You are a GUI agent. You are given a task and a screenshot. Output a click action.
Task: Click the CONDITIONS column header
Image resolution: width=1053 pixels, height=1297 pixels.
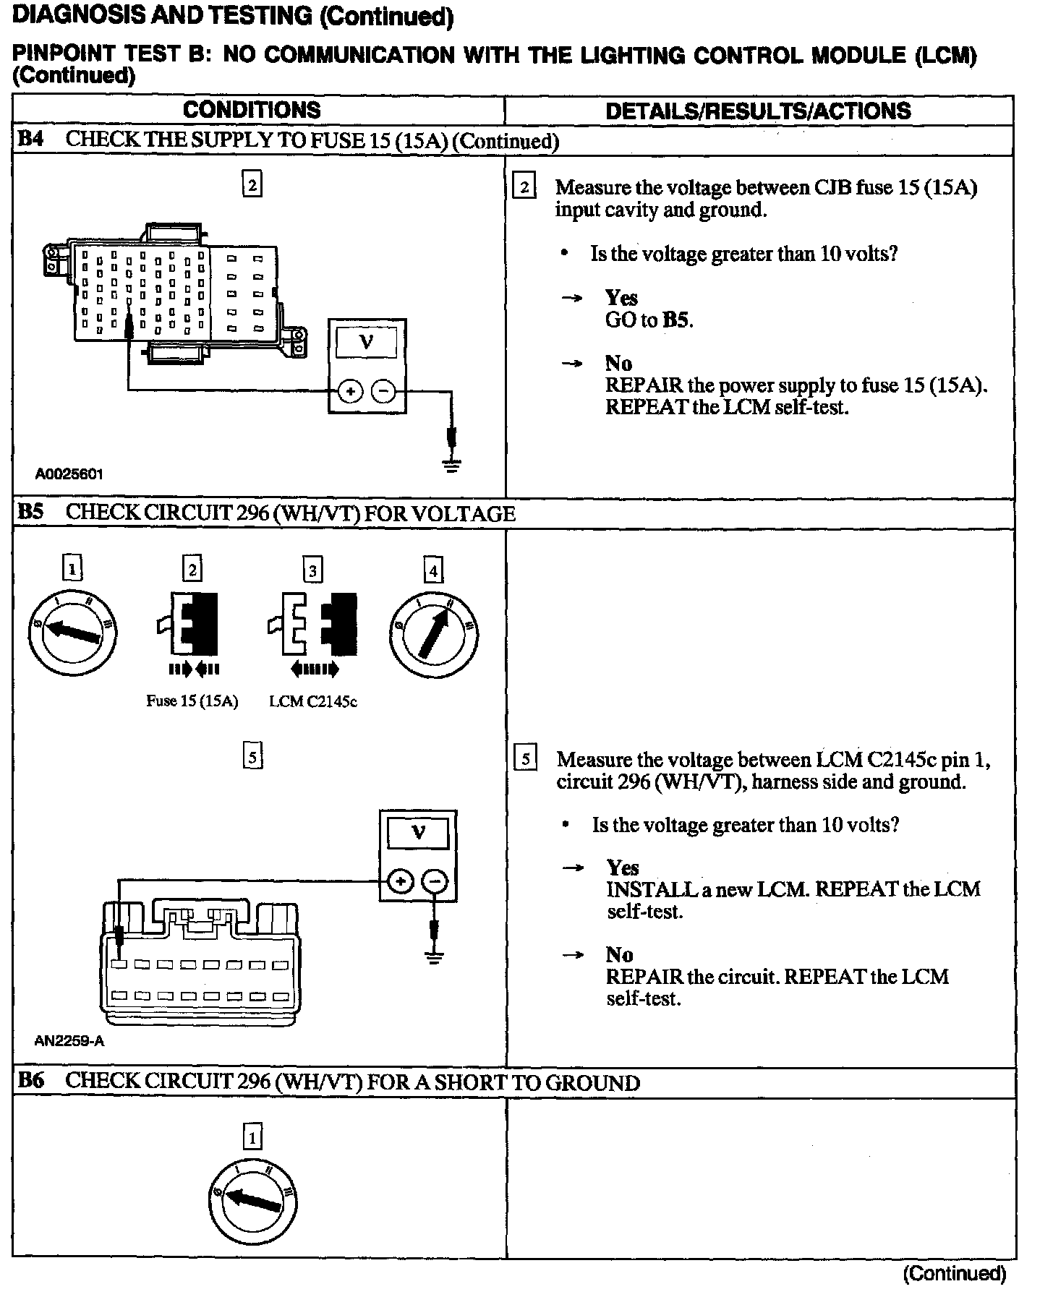[x=252, y=110]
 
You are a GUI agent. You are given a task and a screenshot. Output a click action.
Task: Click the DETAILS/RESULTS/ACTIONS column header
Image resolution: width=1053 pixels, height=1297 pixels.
[x=758, y=111]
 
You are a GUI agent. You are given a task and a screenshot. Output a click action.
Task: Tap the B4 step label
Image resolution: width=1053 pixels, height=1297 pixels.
[x=30, y=140]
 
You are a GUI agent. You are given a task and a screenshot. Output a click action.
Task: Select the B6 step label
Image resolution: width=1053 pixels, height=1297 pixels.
[x=30, y=1082]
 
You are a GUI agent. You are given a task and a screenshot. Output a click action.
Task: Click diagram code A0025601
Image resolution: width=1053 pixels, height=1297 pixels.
[x=69, y=474]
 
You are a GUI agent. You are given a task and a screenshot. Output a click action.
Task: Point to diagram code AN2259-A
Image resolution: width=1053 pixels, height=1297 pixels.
[x=69, y=1042]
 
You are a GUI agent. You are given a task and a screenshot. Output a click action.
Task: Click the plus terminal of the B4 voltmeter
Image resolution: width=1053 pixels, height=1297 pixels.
[x=350, y=392]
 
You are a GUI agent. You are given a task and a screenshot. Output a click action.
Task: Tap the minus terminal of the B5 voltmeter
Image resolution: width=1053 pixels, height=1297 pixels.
[x=434, y=881]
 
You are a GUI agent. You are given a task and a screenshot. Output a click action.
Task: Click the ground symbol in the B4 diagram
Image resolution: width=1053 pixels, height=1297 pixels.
[x=452, y=464]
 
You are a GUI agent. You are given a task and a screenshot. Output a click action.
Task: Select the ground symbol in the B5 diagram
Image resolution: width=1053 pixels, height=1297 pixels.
[x=434, y=959]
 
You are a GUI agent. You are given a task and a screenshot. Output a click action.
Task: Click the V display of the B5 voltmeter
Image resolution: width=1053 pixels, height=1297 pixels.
[x=418, y=833]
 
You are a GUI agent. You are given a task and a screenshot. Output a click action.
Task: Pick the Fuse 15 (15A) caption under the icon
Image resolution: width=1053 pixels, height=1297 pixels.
[x=192, y=701]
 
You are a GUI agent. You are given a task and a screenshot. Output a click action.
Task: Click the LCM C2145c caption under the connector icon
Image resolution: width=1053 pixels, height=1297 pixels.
[x=313, y=701]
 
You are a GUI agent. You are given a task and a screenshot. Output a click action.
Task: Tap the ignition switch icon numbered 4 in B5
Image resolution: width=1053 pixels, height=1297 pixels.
[x=433, y=628]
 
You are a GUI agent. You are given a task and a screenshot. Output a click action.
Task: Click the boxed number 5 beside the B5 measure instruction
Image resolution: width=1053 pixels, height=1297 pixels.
[x=525, y=758]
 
